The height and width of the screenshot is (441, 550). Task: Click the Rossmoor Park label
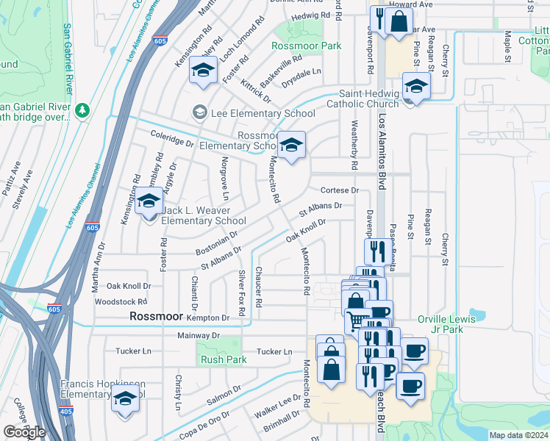pos(307,46)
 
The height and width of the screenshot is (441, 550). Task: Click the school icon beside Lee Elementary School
pos(199,112)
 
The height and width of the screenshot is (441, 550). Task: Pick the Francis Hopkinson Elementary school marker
pos(126,400)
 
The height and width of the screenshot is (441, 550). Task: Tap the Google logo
pos(24,432)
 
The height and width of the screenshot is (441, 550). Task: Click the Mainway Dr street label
pos(199,336)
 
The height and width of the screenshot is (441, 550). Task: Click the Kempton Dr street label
pos(209,318)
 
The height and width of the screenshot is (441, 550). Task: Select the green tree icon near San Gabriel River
pos(83,110)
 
